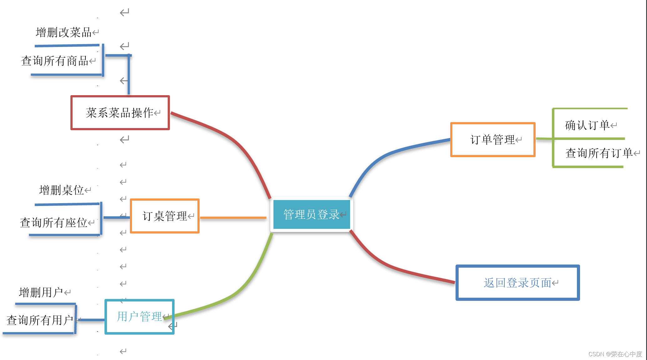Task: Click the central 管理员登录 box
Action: pyautogui.click(x=311, y=214)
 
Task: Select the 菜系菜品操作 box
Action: pyautogui.click(x=120, y=113)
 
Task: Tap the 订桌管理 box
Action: pyautogui.click(x=165, y=216)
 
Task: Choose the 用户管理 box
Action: pyautogui.click(x=140, y=316)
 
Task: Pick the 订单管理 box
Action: pyautogui.click(x=493, y=140)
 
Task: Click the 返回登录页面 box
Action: pyautogui.click(x=517, y=283)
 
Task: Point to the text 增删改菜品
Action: pyautogui.click(x=64, y=32)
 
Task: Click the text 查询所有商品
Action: pyautogui.click(x=55, y=61)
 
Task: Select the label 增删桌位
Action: pyautogui.click(x=62, y=190)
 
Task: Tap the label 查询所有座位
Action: pyautogui.click(x=53, y=223)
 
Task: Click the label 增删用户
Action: pyautogui.click(x=41, y=292)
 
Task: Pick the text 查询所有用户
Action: pyautogui.click(x=40, y=320)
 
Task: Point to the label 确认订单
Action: pyautogui.click(x=587, y=125)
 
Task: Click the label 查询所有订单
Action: pyautogui.click(x=599, y=153)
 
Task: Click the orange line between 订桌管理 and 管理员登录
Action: pyautogui.click(x=233, y=218)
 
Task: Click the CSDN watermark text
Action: pyautogui.click(x=615, y=354)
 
